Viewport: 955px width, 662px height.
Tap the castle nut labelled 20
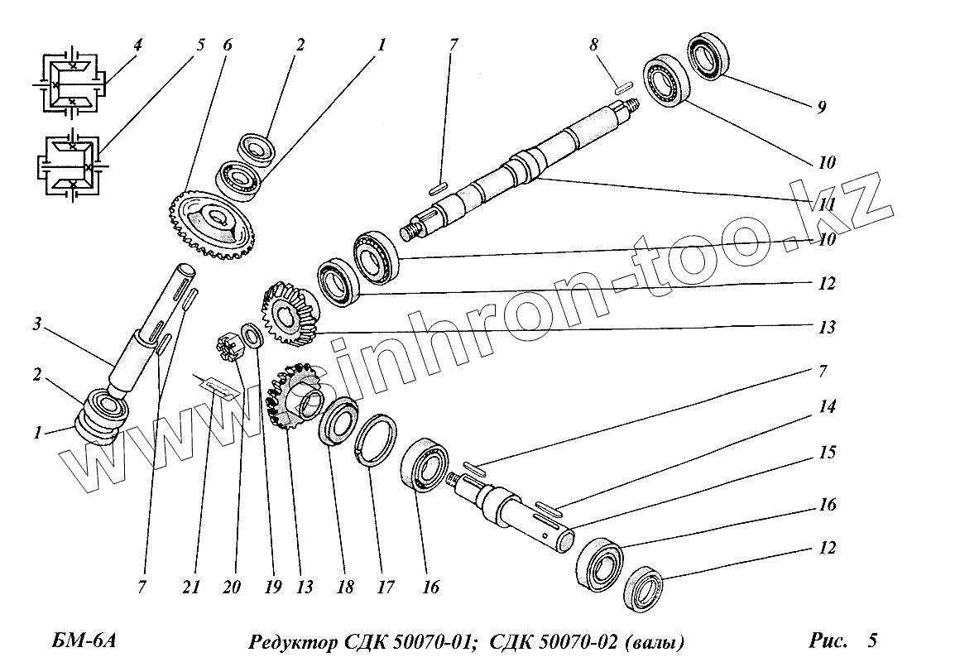(x=229, y=348)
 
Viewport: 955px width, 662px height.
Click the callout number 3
(x=37, y=324)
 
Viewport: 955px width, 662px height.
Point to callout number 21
(x=190, y=587)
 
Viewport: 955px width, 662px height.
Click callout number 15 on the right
(x=827, y=453)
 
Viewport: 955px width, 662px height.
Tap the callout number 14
(x=827, y=406)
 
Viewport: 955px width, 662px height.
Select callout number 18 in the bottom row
(x=345, y=587)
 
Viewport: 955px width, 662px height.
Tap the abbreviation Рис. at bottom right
(x=828, y=640)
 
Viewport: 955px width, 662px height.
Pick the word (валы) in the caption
(x=655, y=642)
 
